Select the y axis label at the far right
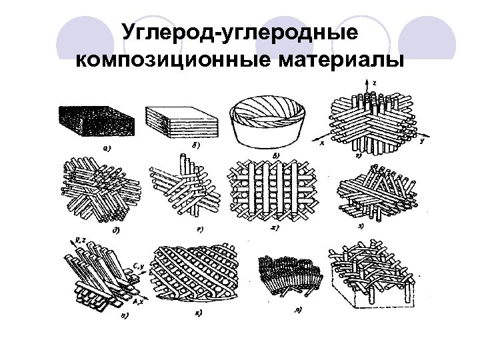click(x=423, y=140)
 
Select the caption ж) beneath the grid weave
click(x=273, y=228)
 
